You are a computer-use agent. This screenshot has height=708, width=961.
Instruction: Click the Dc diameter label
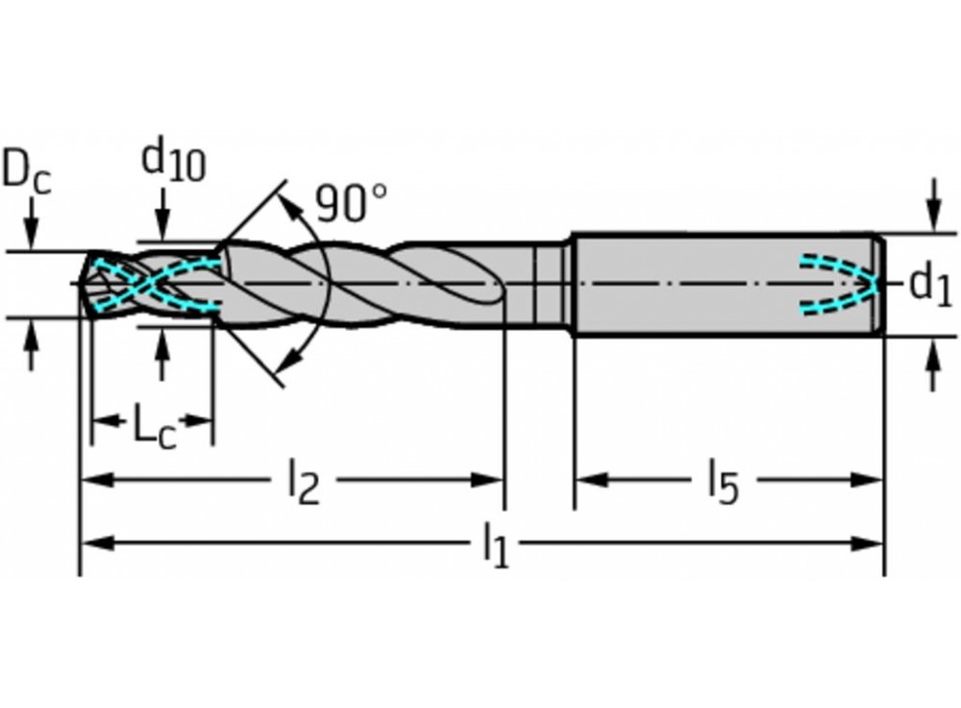click(26, 171)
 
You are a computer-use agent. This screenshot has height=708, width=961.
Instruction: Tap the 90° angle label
click(351, 203)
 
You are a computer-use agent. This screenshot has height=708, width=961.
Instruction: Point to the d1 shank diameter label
click(929, 285)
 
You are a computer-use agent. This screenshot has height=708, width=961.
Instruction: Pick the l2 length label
click(303, 482)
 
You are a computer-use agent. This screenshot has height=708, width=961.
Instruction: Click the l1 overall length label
click(494, 545)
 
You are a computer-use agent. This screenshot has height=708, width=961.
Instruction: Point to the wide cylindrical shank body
click(692, 285)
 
